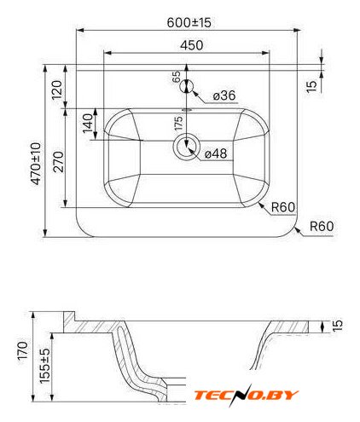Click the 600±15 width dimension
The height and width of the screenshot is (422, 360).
189,22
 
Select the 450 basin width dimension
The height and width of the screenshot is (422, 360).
192,45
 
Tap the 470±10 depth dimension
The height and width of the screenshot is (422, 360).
37,164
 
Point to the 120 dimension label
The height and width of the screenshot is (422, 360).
57,90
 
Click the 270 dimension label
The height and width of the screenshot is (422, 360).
59,162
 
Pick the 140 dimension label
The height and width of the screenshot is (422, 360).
88,123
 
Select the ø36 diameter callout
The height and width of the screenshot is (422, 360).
224,95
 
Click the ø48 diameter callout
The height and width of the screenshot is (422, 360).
216,153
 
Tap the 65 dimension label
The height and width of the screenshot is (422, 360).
177,76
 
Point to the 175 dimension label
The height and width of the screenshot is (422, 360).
178,123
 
